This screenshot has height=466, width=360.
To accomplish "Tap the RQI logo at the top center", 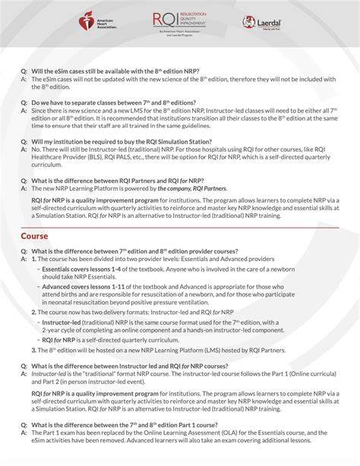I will (x=180, y=22).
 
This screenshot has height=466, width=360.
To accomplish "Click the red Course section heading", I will (x=34, y=237).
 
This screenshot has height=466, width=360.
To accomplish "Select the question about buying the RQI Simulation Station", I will (x=114, y=142).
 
